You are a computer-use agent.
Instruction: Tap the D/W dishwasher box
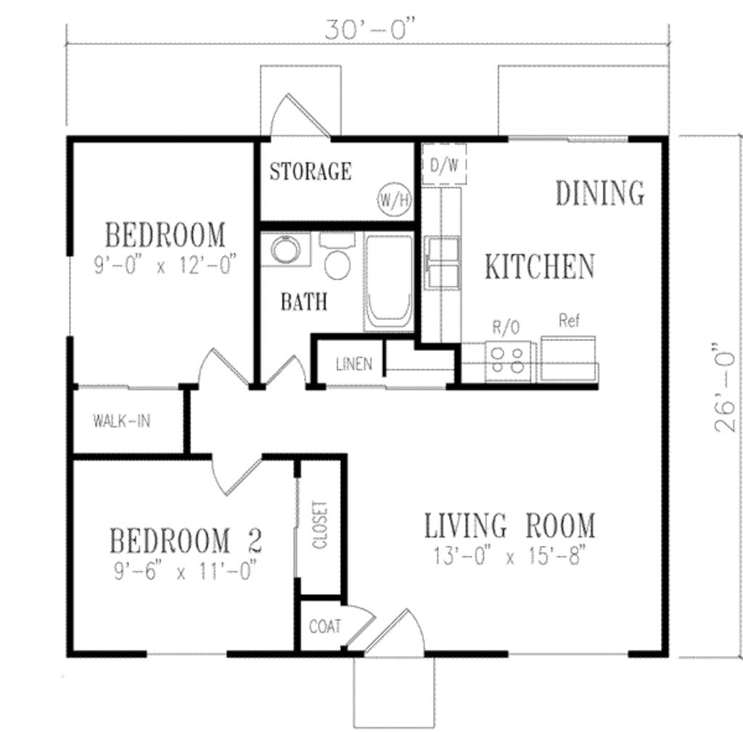[x=443, y=165]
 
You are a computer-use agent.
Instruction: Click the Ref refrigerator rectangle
[x=569, y=358]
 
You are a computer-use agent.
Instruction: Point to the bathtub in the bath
[x=388, y=281]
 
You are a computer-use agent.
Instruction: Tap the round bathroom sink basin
[x=286, y=250]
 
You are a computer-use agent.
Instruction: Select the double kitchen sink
[x=442, y=263]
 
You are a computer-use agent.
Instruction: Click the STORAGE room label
[x=311, y=172]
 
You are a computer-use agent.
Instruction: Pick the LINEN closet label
[x=354, y=363]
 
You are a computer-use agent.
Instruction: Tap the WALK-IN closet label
[x=122, y=421]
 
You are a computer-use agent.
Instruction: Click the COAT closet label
[x=324, y=626]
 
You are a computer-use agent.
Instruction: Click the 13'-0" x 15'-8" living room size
[x=509, y=557]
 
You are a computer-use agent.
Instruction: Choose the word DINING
[x=599, y=193]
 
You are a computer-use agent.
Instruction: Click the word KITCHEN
[x=539, y=267]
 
